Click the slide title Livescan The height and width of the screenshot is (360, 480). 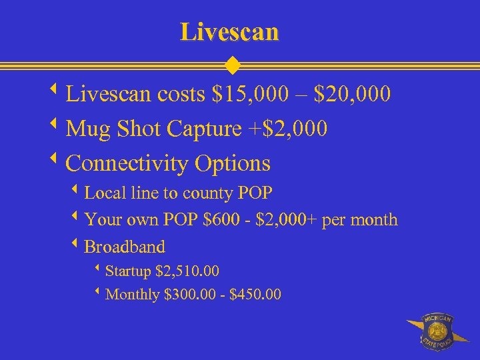pyautogui.click(x=229, y=31)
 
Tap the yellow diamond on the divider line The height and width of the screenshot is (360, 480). pyautogui.click(x=232, y=66)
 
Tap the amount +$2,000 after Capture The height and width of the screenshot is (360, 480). pyautogui.click(x=288, y=128)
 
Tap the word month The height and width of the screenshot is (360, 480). pyautogui.click(x=377, y=219)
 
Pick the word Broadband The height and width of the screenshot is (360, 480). pyautogui.click(x=125, y=247)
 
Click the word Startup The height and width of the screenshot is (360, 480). pyautogui.click(x=128, y=272)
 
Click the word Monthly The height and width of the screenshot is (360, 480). pyautogui.click(x=132, y=294)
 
